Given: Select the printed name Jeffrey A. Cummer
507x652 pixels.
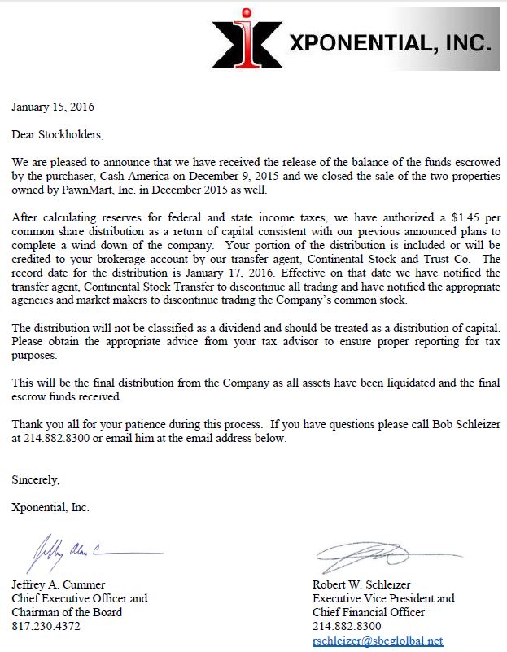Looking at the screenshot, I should (59, 584).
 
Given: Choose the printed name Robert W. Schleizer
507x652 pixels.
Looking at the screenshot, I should (361, 584).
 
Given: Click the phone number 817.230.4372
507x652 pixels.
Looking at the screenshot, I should (46, 626).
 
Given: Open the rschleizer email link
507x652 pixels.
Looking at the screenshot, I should (378, 641).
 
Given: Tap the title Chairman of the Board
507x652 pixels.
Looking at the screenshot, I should (68, 612).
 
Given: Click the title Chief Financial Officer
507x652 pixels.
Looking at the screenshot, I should (369, 612).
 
